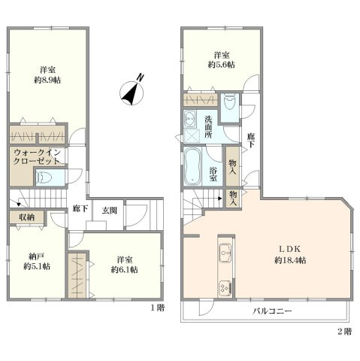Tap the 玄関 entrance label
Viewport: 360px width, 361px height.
click(110, 211)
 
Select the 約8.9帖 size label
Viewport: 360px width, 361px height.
click(47, 80)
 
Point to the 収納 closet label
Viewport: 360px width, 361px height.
click(27, 217)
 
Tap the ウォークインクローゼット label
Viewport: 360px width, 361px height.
click(36, 156)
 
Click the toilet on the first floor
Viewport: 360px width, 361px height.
click(44, 177)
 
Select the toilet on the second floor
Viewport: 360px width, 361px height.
click(230, 104)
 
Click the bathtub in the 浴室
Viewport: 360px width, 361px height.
click(192, 166)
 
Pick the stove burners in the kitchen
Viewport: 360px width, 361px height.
click(225, 287)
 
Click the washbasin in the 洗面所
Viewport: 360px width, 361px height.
click(190, 117)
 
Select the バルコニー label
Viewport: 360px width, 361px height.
click(272, 311)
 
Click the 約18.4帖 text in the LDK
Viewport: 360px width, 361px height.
click(290, 260)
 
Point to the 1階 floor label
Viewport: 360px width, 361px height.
click(157, 308)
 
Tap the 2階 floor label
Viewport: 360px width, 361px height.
click(344, 332)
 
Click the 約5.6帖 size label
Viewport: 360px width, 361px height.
click(222, 65)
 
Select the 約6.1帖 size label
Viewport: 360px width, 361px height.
click(124, 270)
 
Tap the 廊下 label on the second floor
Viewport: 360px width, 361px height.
click(251, 141)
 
